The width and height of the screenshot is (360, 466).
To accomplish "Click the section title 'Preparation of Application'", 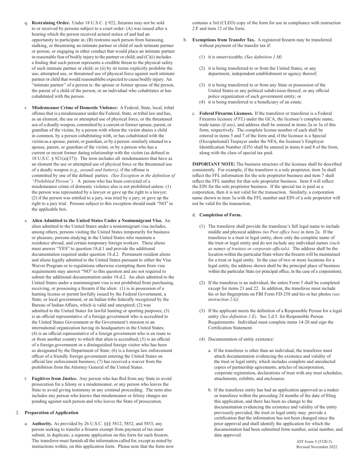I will click(52, 413).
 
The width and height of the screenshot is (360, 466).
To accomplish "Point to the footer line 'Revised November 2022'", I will click(316, 447).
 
